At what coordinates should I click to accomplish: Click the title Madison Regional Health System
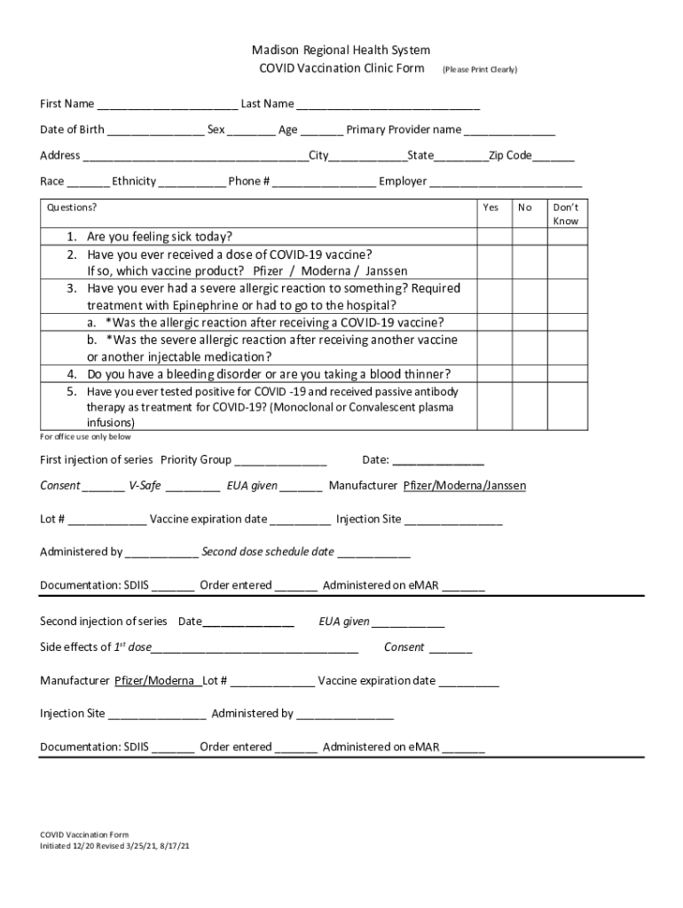(x=341, y=51)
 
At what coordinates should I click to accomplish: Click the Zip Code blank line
(x=553, y=158)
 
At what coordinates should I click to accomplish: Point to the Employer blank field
(x=506, y=184)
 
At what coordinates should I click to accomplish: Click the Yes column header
(x=491, y=207)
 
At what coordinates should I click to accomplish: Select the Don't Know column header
(x=565, y=214)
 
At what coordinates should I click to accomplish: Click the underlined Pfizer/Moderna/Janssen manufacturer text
(x=465, y=486)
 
